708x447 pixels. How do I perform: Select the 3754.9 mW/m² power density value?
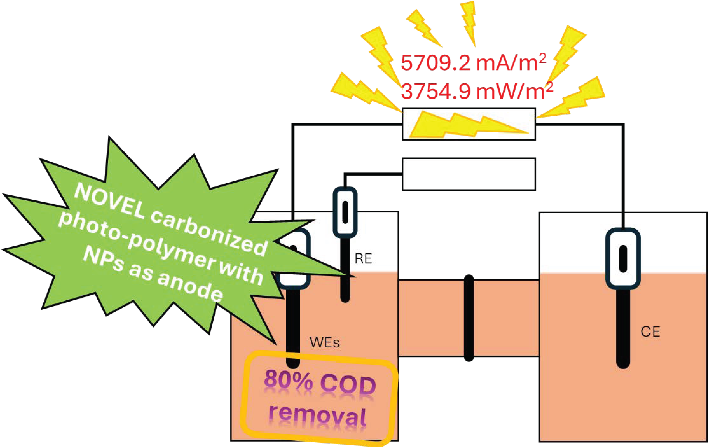(x=477, y=91)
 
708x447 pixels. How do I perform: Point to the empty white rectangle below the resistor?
(x=469, y=174)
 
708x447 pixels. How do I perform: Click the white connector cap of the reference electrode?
(x=345, y=212)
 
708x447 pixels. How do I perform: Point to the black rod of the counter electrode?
(x=623, y=329)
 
